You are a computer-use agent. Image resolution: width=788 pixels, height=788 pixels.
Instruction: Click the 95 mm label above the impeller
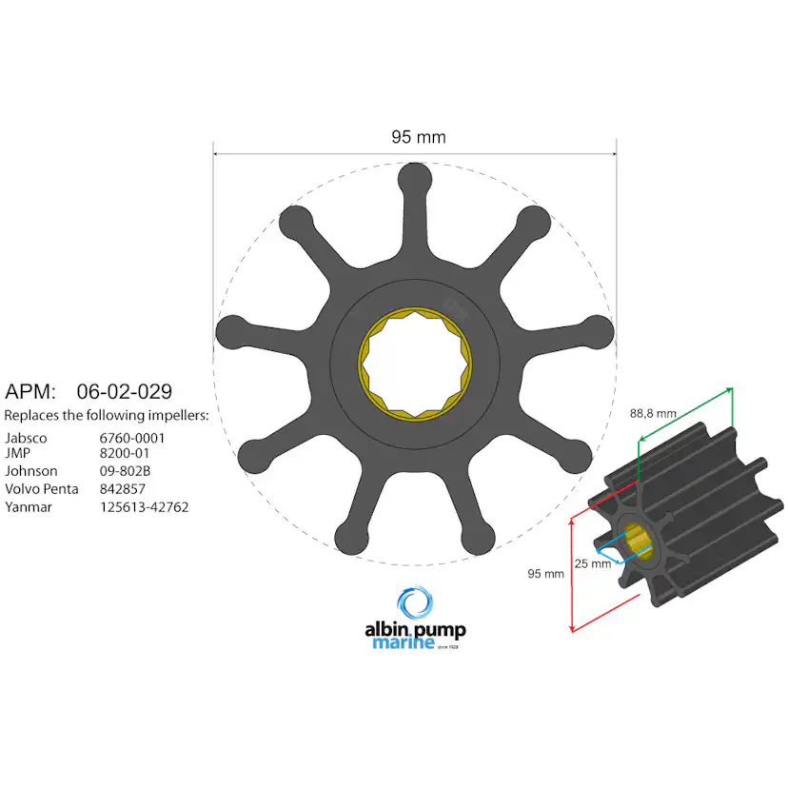(x=418, y=137)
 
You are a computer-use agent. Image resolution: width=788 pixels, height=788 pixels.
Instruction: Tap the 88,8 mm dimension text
(x=653, y=413)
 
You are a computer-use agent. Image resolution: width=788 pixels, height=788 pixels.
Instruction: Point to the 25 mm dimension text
(x=593, y=563)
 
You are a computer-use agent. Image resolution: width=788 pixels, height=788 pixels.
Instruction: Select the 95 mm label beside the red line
(x=546, y=573)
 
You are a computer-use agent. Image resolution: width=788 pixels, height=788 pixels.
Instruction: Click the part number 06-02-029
(x=124, y=391)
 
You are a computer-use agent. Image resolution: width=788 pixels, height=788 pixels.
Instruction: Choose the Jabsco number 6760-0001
(x=133, y=438)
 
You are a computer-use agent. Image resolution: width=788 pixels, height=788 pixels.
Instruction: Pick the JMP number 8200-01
(x=125, y=454)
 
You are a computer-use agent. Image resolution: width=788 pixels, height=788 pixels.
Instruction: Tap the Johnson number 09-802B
(x=127, y=471)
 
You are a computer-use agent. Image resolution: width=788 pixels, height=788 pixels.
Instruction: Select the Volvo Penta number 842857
(x=124, y=489)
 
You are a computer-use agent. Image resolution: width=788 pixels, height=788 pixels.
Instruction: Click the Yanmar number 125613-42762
(x=145, y=507)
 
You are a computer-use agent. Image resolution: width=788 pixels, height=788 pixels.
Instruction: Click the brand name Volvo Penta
(x=42, y=489)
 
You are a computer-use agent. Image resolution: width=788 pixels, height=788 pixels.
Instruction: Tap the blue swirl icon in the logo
(x=414, y=604)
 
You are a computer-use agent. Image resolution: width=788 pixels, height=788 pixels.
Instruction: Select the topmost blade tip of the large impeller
(x=415, y=178)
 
